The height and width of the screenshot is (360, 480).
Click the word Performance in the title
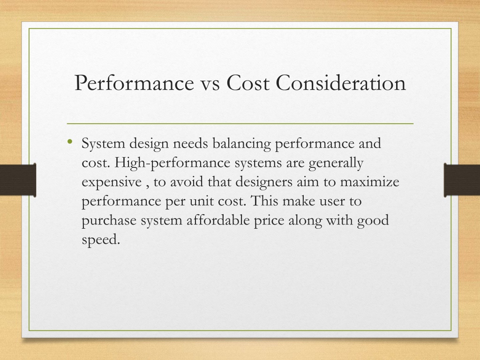click(x=134, y=82)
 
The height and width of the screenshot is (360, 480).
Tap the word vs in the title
click(x=210, y=84)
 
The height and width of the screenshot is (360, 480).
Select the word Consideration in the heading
click(x=341, y=82)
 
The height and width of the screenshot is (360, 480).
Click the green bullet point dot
click(x=70, y=141)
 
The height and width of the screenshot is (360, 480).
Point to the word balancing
click(x=241, y=143)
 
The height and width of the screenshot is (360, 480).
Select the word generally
click(x=336, y=163)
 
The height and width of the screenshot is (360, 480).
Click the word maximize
click(x=369, y=182)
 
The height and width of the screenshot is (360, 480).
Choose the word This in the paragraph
click(x=264, y=201)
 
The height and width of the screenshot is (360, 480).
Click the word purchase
click(x=109, y=221)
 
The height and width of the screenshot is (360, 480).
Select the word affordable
click(x=218, y=220)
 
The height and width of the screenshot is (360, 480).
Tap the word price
click(x=269, y=221)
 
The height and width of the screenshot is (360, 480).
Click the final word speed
click(x=101, y=240)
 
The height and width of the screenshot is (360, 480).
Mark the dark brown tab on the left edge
click(x=18, y=180)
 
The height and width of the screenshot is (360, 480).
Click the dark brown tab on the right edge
click(x=462, y=180)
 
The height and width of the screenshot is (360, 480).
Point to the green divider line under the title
click(x=240, y=124)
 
